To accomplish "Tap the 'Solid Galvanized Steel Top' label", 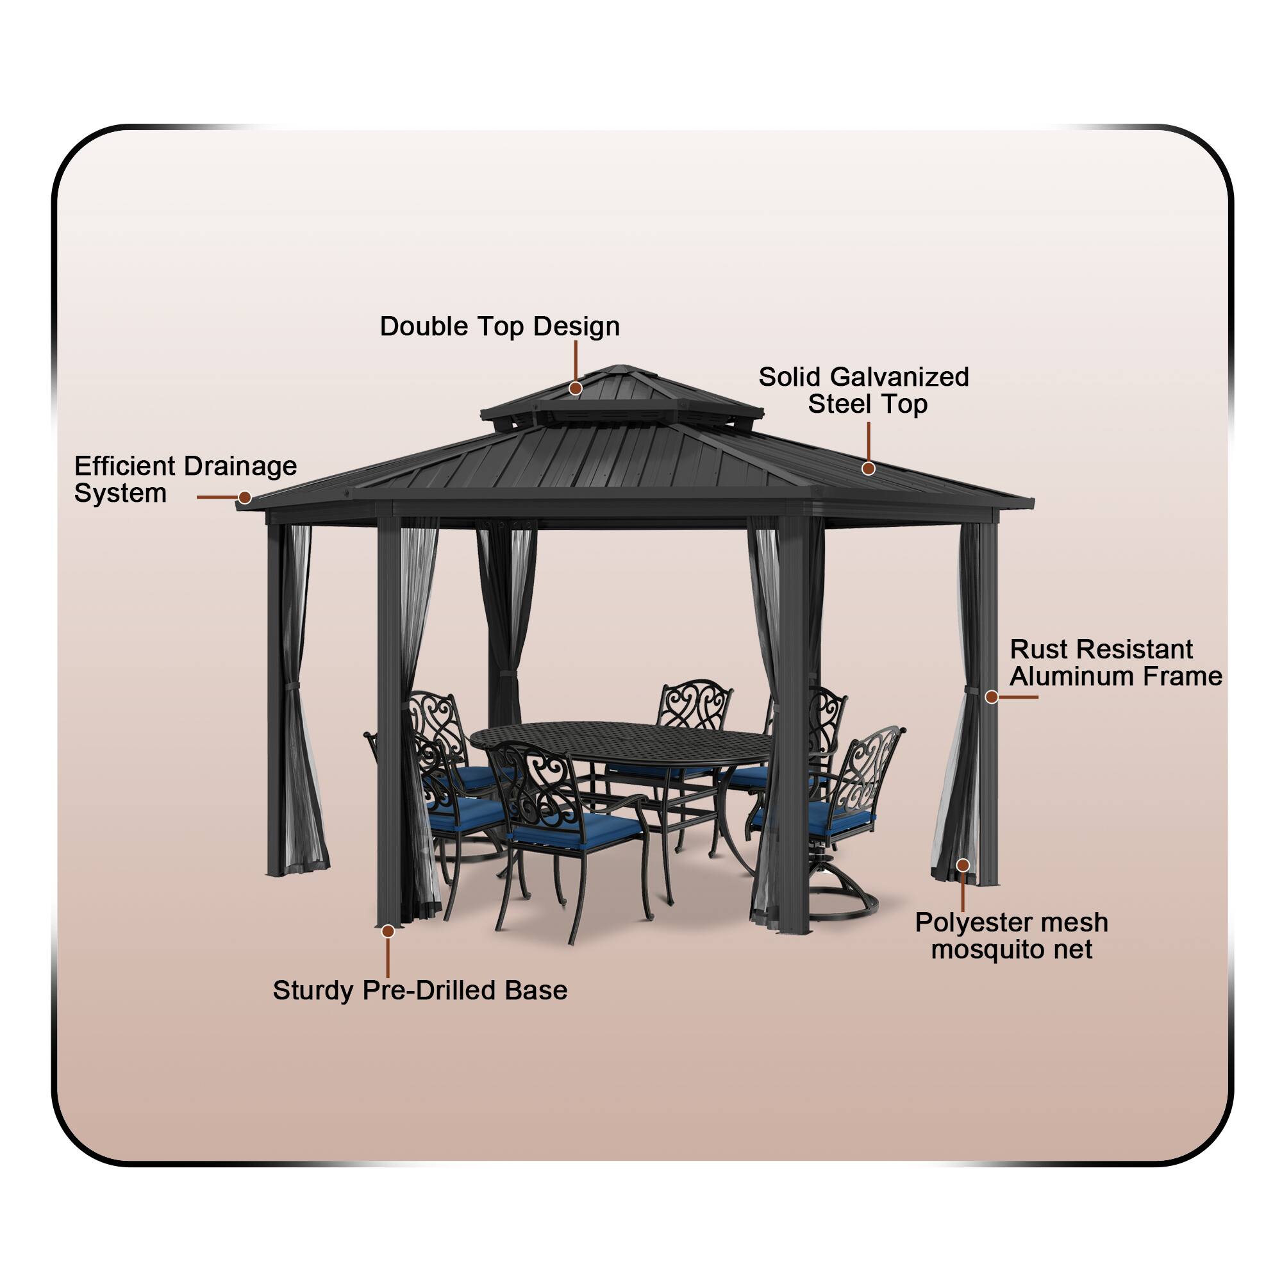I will pos(863,390).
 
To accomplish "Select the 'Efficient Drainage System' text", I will pos(185,479).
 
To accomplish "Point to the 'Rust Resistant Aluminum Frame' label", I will pos(1115,663).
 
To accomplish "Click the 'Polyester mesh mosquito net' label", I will pos(1011,936).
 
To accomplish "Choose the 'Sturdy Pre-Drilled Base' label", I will pos(420,990).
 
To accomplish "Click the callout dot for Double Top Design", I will pos(576,388).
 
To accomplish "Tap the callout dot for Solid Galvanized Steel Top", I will pos(868,469).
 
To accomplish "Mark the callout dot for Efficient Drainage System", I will pos(245,497).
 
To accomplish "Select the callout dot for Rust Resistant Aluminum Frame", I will pos(992,697).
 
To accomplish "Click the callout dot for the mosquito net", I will pos(963,865).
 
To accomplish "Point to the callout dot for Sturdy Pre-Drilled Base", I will pos(388,931).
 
